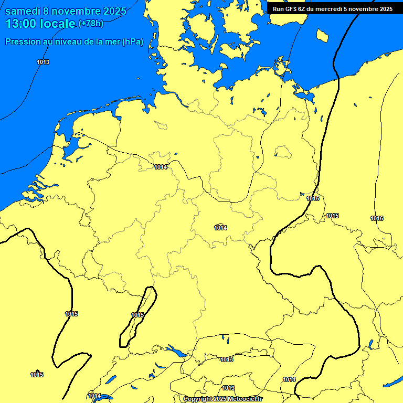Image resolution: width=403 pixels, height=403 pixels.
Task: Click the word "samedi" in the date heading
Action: [x=23, y=11]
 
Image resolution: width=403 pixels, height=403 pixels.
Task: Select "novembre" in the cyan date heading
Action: [x=73, y=11]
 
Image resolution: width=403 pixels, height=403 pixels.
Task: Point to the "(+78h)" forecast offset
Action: [x=91, y=24]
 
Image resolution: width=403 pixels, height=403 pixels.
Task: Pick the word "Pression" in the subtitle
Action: [x=23, y=42]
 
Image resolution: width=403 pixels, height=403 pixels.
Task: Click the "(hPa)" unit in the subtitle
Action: [x=132, y=42]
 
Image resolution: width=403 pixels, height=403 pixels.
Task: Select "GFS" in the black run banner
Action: [x=292, y=9]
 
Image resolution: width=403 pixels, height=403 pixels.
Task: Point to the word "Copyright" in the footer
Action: [x=198, y=399]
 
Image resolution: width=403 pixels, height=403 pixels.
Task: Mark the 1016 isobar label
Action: [x=377, y=218]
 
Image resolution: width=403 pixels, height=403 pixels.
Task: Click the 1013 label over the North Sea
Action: [x=43, y=62]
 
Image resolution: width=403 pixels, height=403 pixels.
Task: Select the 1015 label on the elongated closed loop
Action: [x=137, y=315]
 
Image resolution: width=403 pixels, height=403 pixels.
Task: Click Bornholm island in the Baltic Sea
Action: [x=322, y=35]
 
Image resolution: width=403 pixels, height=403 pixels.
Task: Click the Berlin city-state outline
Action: [x=283, y=152]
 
